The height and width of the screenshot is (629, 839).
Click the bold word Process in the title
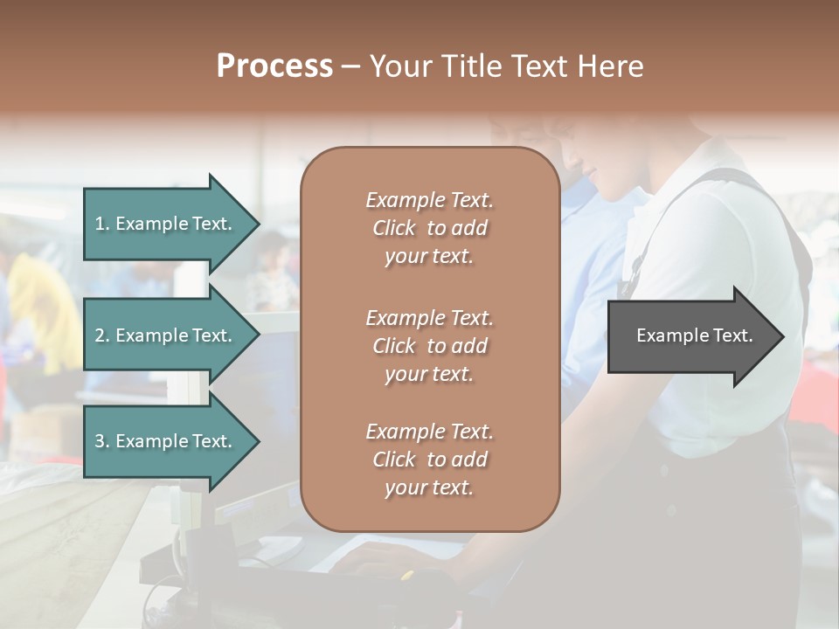pyautogui.click(x=274, y=66)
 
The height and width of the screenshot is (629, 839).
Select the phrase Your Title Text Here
pyautogui.click(x=506, y=66)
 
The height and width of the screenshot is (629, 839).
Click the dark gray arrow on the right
pyautogui.click(x=690, y=336)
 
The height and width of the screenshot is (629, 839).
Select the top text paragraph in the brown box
pyautogui.click(x=429, y=228)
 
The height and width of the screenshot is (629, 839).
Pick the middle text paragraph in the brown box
pyautogui.click(x=429, y=346)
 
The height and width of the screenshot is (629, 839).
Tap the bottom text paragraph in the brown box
pyautogui.click(x=429, y=460)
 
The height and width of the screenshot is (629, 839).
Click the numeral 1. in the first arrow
pyautogui.click(x=102, y=224)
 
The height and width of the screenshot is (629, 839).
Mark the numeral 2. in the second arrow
pyautogui.click(x=102, y=335)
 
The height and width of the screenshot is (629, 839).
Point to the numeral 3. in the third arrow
pyautogui.click(x=102, y=441)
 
